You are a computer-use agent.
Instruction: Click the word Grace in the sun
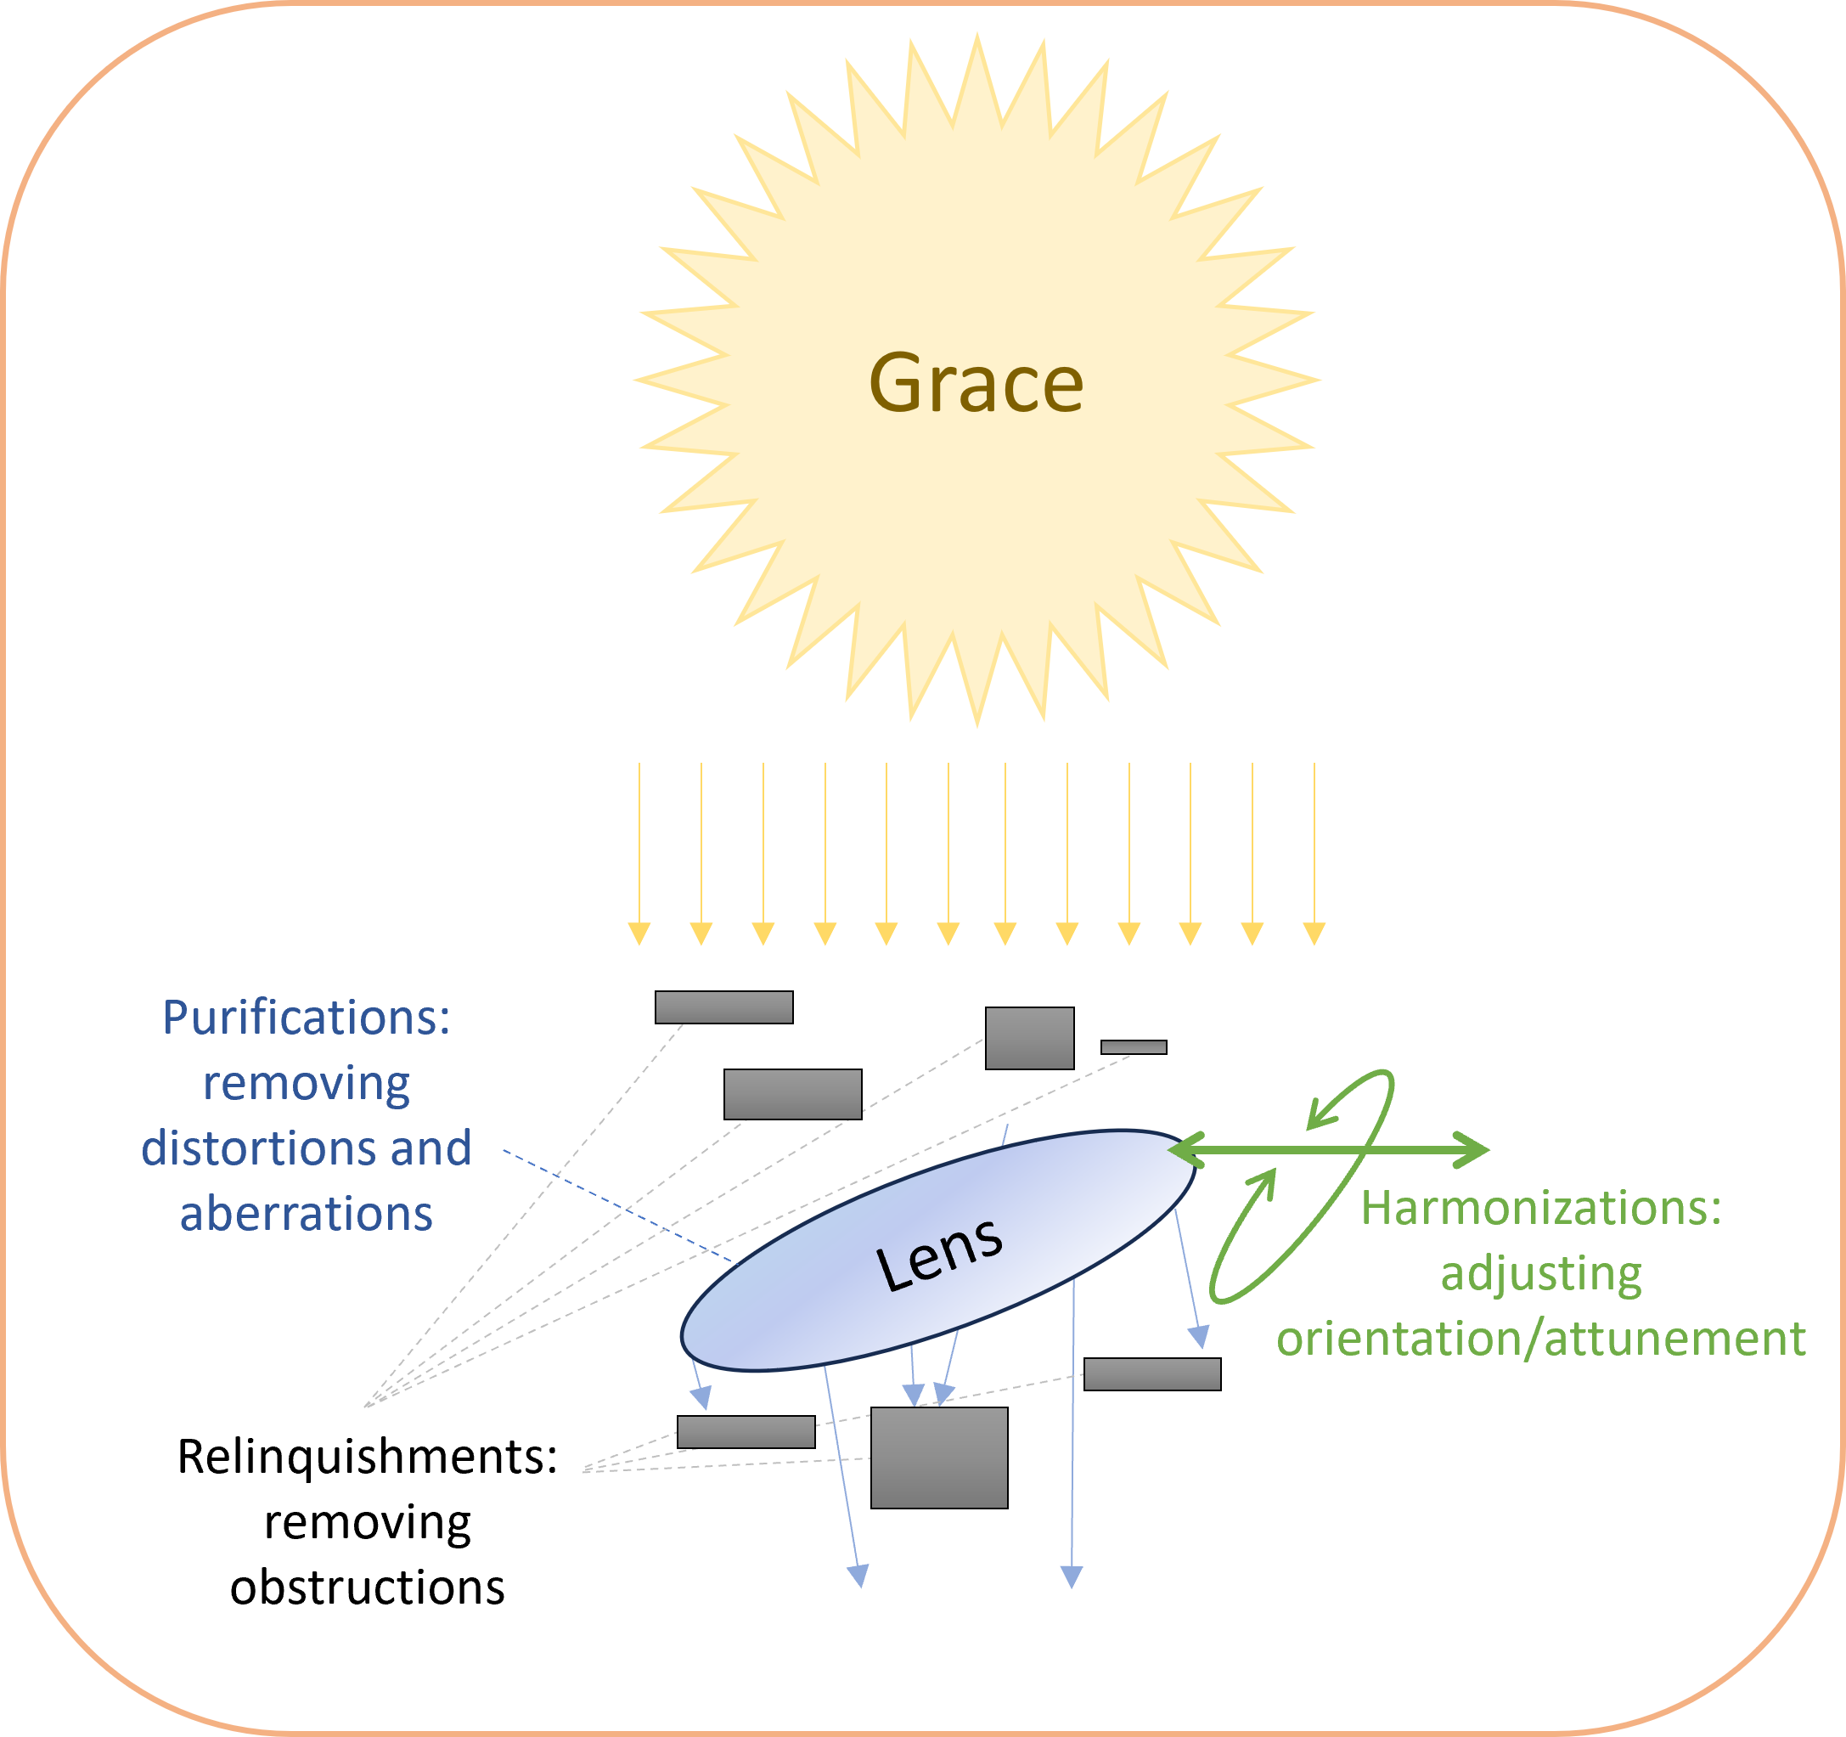[x=976, y=383]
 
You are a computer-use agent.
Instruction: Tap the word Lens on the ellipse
[x=939, y=1254]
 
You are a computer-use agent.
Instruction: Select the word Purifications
[x=307, y=1018]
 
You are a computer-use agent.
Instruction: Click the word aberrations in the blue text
[x=307, y=1214]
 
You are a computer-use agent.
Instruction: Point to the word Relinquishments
[x=368, y=1457]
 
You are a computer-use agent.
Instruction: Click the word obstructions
[x=368, y=1588]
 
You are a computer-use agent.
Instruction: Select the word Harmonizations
[x=1540, y=1209]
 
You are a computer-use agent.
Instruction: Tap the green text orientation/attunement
[x=1540, y=1339]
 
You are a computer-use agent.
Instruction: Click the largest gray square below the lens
[x=939, y=1458]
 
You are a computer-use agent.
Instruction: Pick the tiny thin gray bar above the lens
[x=1133, y=1046]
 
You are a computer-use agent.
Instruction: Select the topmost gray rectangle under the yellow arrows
[x=723, y=1007]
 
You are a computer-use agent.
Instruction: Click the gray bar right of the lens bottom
[x=1151, y=1373]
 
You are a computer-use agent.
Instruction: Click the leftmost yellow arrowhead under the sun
[x=639, y=933]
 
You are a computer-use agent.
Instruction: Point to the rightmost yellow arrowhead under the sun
[x=1314, y=933]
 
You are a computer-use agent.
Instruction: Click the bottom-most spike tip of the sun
[x=976, y=722]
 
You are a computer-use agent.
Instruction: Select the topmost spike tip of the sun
[x=976, y=37]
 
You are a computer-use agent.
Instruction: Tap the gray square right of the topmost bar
[x=1029, y=1038]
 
